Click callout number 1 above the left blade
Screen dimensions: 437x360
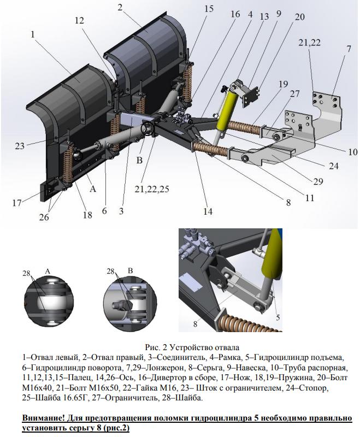33,34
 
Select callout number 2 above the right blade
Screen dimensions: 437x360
120,8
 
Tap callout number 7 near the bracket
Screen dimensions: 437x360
348,49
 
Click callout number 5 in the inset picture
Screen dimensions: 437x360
278,316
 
